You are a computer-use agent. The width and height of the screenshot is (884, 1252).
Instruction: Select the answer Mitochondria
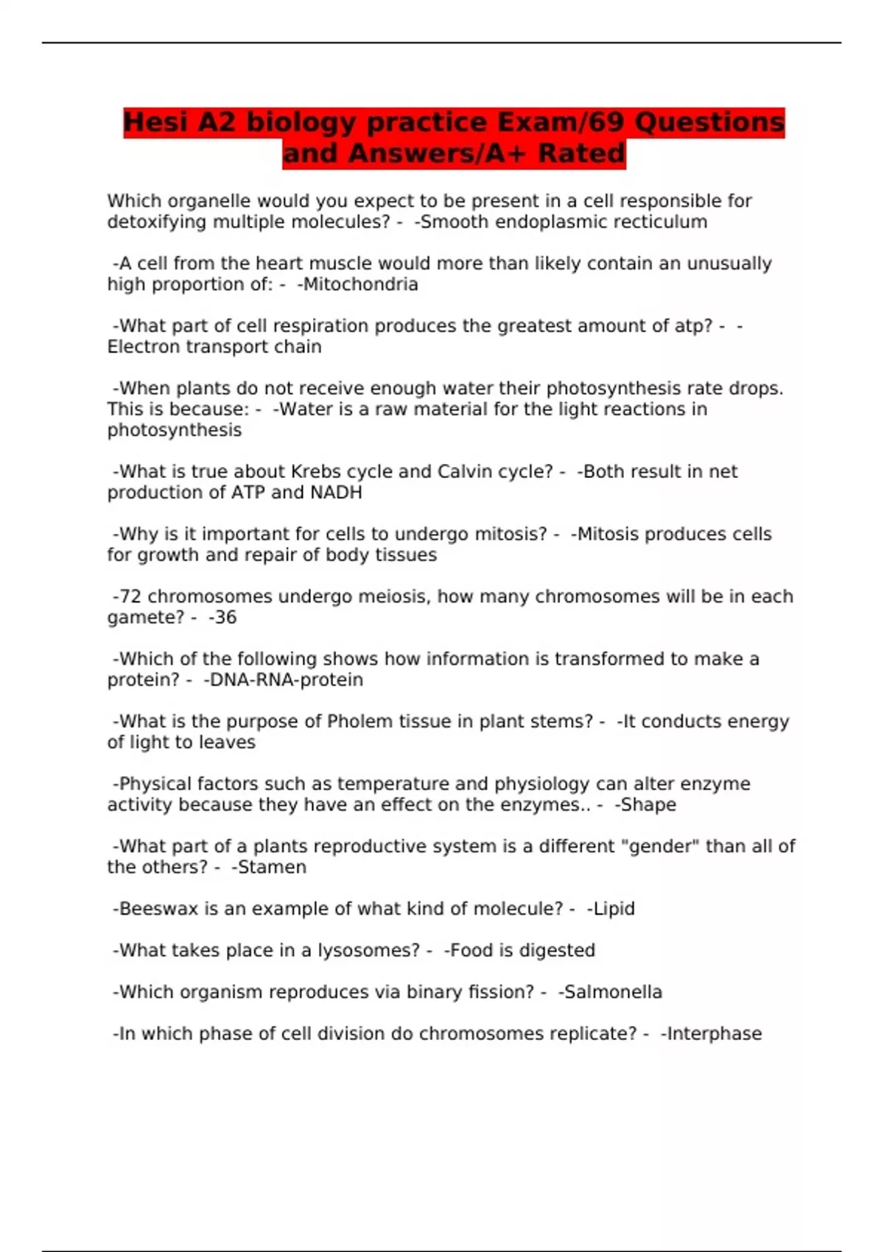(360, 284)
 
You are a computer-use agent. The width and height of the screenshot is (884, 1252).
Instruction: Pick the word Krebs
(315, 471)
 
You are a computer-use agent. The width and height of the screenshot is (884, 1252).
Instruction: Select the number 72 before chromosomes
(130, 597)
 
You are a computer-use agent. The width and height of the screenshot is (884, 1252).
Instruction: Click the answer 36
(225, 617)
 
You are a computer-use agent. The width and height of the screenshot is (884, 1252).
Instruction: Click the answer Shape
(648, 805)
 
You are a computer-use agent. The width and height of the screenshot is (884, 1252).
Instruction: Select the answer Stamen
(272, 867)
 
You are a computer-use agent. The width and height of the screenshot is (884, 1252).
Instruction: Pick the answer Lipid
(614, 909)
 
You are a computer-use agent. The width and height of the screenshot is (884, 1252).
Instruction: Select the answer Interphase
(714, 1034)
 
